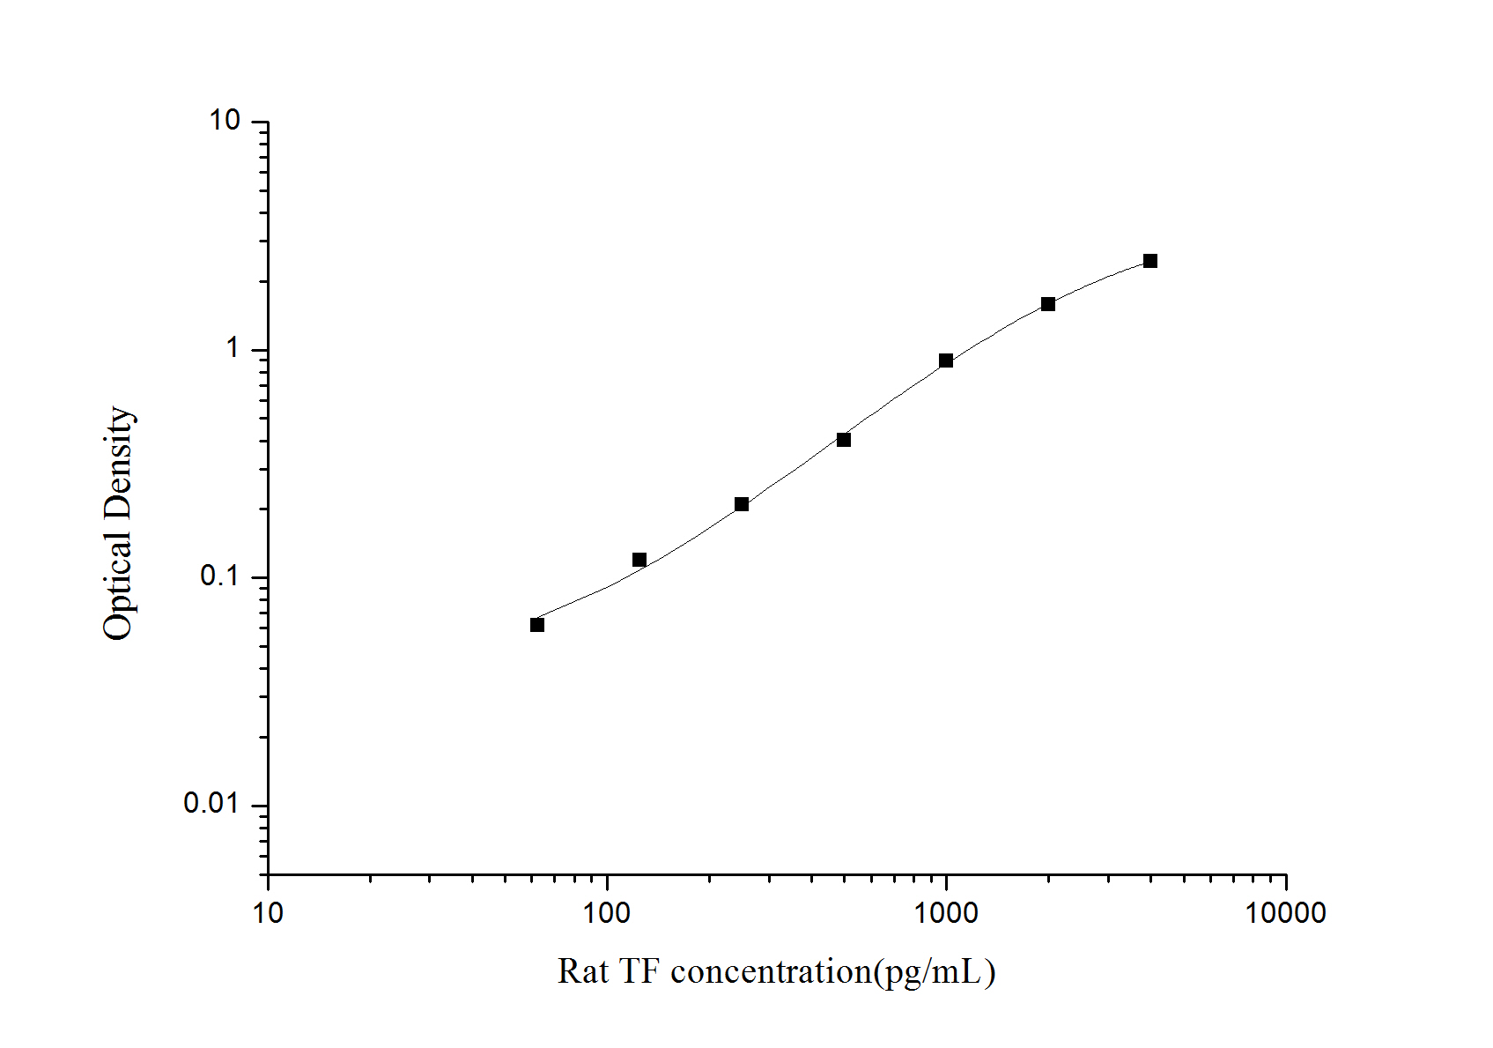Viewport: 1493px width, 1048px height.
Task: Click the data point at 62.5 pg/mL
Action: pyautogui.click(x=537, y=625)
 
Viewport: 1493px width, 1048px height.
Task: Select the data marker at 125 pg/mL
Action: pyautogui.click(x=639, y=560)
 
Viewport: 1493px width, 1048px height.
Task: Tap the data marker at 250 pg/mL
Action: pyautogui.click(x=742, y=504)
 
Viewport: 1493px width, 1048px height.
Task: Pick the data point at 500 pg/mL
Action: pyautogui.click(x=844, y=440)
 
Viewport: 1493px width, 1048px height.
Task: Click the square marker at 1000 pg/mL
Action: pyautogui.click(x=946, y=360)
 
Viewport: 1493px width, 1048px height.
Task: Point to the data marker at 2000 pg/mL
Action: pyautogui.click(x=1048, y=304)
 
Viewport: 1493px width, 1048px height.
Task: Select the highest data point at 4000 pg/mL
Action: pyautogui.click(x=1150, y=261)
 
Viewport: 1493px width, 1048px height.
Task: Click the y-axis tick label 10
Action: pyautogui.click(x=225, y=121)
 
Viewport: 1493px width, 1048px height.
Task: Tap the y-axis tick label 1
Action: pyautogui.click(x=233, y=349)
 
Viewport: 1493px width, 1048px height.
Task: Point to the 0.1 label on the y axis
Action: pyautogui.click(x=220, y=576)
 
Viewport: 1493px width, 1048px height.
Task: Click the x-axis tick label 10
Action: pyautogui.click(x=268, y=913)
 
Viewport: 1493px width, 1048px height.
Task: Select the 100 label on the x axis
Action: pyautogui.click(x=607, y=913)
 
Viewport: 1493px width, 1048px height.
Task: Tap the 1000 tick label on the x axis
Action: pyautogui.click(x=946, y=913)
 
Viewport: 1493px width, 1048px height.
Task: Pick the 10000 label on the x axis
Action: pyautogui.click(x=1285, y=913)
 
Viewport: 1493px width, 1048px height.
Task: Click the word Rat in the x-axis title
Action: pyautogui.click(x=582, y=972)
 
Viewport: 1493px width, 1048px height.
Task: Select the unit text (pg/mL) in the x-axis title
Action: pyautogui.click(x=934, y=972)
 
